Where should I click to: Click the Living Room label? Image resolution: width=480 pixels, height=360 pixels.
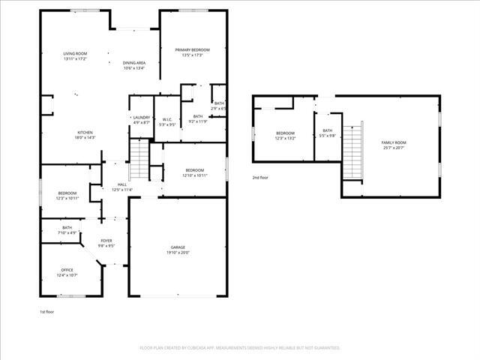pyautogui.click(x=75, y=54)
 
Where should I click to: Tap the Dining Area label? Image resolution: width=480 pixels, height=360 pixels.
pyautogui.click(x=134, y=63)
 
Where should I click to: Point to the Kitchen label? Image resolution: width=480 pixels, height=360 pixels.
pyautogui.click(x=84, y=133)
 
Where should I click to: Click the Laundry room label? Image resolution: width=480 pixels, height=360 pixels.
pyautogui.click(x=141, y=118)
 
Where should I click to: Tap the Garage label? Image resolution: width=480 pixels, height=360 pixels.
pyautogui.click(x=178, y=247)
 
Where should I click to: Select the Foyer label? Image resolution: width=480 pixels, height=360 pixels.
pyautogui.click(x=107, y=241)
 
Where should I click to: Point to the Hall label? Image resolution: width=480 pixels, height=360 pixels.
pyautogui.click(x=121, y=184)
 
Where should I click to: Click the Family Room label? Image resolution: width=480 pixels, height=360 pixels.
pyautogui.click(x=393, y=142)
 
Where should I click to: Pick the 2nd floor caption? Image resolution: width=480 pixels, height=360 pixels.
pyautogui.click(x=260, y=178)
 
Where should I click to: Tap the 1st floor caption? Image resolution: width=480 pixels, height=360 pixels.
pyautogui.click(x=47, y=311)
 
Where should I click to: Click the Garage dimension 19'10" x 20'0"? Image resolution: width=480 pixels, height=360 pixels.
pyautogui.click(x=178, y=253)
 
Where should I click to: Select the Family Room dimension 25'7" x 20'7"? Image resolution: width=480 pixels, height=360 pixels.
pyautogui.click(x=393, y=148)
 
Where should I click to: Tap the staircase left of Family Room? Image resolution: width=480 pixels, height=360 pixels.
pyautogui.click(x=352, y=150)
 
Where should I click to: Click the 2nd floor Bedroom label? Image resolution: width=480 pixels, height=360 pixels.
pyautogui.click(x=286, y=133)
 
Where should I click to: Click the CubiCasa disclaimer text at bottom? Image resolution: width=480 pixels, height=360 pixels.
pyautogui.click(x=240, y=348)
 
